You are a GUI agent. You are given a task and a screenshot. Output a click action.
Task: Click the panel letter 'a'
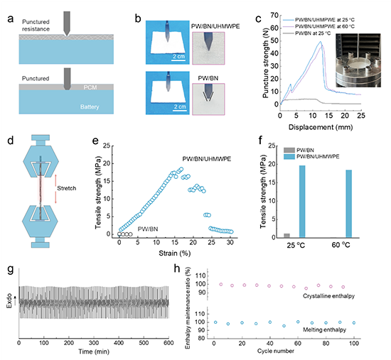pyautogui.click(x=10, y=18)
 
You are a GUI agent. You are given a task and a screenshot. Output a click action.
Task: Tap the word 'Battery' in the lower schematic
pyautogui.click(x=90, y=107)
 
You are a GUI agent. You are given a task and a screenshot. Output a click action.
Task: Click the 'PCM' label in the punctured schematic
pyautogui.click(x=90, y=87)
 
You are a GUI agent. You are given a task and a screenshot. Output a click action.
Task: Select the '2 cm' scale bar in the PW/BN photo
pyautogui.click(x=180, y=108)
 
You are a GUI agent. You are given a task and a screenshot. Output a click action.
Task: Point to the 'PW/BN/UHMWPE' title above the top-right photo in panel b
pyautogui.click(x=215, y=26)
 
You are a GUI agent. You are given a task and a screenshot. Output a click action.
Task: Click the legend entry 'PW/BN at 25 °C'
pyautogui.click(x=313, y=33)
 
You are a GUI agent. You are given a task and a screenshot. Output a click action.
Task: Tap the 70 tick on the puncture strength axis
pyautogui.click(x=274, y=16)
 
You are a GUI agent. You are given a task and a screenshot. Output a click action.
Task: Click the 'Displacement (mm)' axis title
pyautogui.click(x=321, y=127)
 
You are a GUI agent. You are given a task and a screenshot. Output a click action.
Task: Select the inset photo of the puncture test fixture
pyautogui.click(x=358, y=60)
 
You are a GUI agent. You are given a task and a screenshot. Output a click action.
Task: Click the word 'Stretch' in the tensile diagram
pyautogui.click(x=67, y=188)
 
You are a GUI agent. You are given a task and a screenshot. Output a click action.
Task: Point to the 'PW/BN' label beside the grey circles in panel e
pyautogui.click(x=148, y=229)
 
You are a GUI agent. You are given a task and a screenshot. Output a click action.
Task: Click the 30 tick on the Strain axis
pyautogui.click(x=230, y=242)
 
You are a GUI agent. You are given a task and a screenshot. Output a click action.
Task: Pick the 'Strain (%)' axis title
pyautogui.click(x=175, y=253)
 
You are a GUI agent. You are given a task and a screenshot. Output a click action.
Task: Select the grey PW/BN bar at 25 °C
pyautogui.click(x=286, y=236)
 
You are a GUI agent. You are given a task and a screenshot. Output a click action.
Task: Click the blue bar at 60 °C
pyautogui.click(x=348, y=204)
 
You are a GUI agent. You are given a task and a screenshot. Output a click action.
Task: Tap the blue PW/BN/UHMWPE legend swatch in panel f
pyautogui.click(x=289, y=157)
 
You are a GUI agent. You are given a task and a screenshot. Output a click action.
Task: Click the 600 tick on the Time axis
pyautogui.click(x=168, y=343)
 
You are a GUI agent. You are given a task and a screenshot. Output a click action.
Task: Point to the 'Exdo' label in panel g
pyautogui.click(x=9, y=300)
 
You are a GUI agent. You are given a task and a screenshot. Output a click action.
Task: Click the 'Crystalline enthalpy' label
pyautogui.click(x=328, y=296)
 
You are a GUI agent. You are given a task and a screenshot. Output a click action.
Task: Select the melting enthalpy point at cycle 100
pyautogui.click(x=354, y=323)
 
